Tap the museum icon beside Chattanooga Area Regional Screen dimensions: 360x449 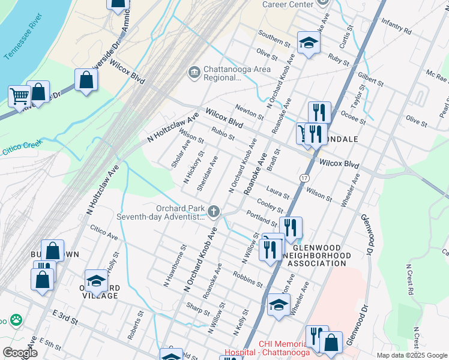tap(194, 73)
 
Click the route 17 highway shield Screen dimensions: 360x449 tap(304, 178)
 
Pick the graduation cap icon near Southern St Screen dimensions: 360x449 tap(309, 42)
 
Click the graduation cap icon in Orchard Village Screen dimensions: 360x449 tap(96, 280)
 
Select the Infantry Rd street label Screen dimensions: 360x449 tap(396, 25)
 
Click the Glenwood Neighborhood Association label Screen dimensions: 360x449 tap(316, 256)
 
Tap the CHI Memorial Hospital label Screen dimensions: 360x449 tap(267, 348)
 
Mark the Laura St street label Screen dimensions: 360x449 tap(278, 192)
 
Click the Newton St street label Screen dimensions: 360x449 tap(249, 111)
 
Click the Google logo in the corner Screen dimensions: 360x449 tap(20, 353)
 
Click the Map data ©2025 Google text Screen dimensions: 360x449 tap(412, 355)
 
